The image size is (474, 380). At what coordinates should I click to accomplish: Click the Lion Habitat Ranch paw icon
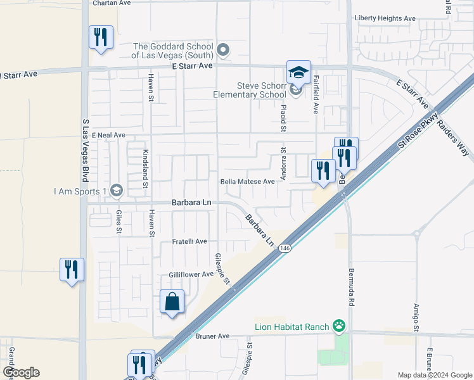click(340, 327)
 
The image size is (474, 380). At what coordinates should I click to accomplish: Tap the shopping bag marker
click(172, 303)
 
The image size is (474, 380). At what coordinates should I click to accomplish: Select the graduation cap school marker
click(298, 72)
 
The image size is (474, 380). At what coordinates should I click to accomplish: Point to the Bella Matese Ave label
click(247, 181)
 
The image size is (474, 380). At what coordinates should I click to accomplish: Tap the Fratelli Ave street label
click(189, 241)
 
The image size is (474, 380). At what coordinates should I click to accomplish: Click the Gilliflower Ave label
click(191, 274)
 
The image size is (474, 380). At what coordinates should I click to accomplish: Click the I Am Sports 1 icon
click(116, 190)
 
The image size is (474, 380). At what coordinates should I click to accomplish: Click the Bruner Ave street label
click(212, 336)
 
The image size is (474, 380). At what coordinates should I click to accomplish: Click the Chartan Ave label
click(111, 3)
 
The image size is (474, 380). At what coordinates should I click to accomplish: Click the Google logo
click(20, 372)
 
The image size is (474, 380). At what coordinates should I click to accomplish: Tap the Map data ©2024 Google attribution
click(435, 375)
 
